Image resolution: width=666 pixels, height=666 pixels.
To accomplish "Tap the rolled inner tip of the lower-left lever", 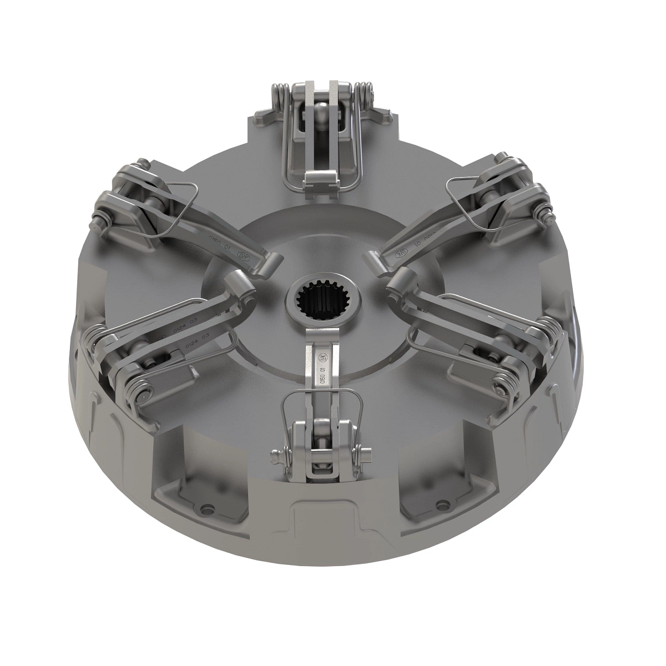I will [x=240, y=280].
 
